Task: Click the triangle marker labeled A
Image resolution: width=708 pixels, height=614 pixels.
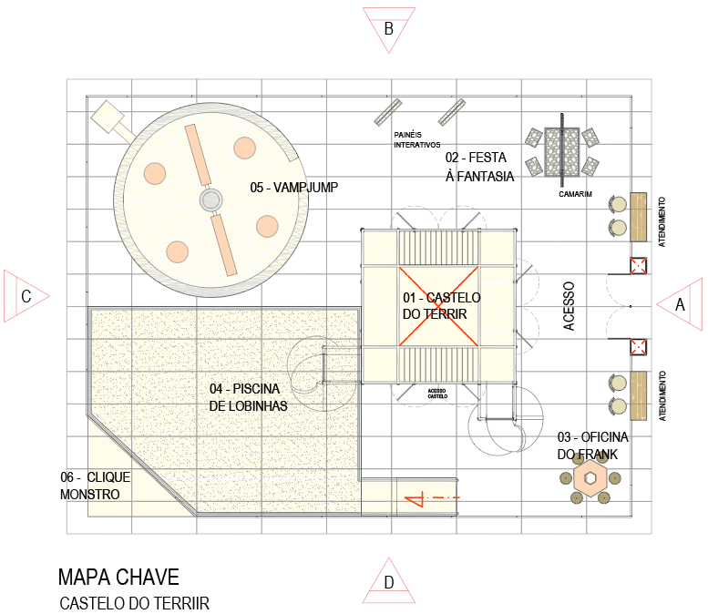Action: click(x=676, y=306)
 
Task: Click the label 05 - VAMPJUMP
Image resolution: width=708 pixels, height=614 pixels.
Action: click(x=294, y=187)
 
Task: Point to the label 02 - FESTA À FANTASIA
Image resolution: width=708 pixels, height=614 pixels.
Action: click(x=479, y=167)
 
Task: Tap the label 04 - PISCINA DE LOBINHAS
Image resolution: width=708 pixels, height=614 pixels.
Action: click(x=248, y=397)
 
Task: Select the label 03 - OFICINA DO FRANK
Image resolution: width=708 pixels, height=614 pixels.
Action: click(x=592, y=445)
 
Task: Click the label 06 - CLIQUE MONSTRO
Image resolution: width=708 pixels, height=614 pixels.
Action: click(x=95, y=486)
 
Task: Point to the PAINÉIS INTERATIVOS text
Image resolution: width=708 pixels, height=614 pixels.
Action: click(x=416, y=139)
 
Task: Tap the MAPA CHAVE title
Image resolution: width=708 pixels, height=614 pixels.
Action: click(x=118, y=577)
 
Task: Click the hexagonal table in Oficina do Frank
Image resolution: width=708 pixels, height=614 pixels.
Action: click(x=591, y=477)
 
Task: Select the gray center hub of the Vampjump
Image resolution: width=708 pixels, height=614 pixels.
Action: click(x=210, y=200)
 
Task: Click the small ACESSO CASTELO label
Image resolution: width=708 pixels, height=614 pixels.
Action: click(x=437, y=393)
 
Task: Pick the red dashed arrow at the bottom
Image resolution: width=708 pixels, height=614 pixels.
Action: click(x=432, y=498)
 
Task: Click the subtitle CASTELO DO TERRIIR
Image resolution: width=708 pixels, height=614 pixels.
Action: click(x=134, y=603)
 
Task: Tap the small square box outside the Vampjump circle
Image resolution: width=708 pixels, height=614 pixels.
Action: click(x=107, y=116)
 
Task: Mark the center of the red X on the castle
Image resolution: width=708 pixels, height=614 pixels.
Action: click(x=438, y=306)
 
